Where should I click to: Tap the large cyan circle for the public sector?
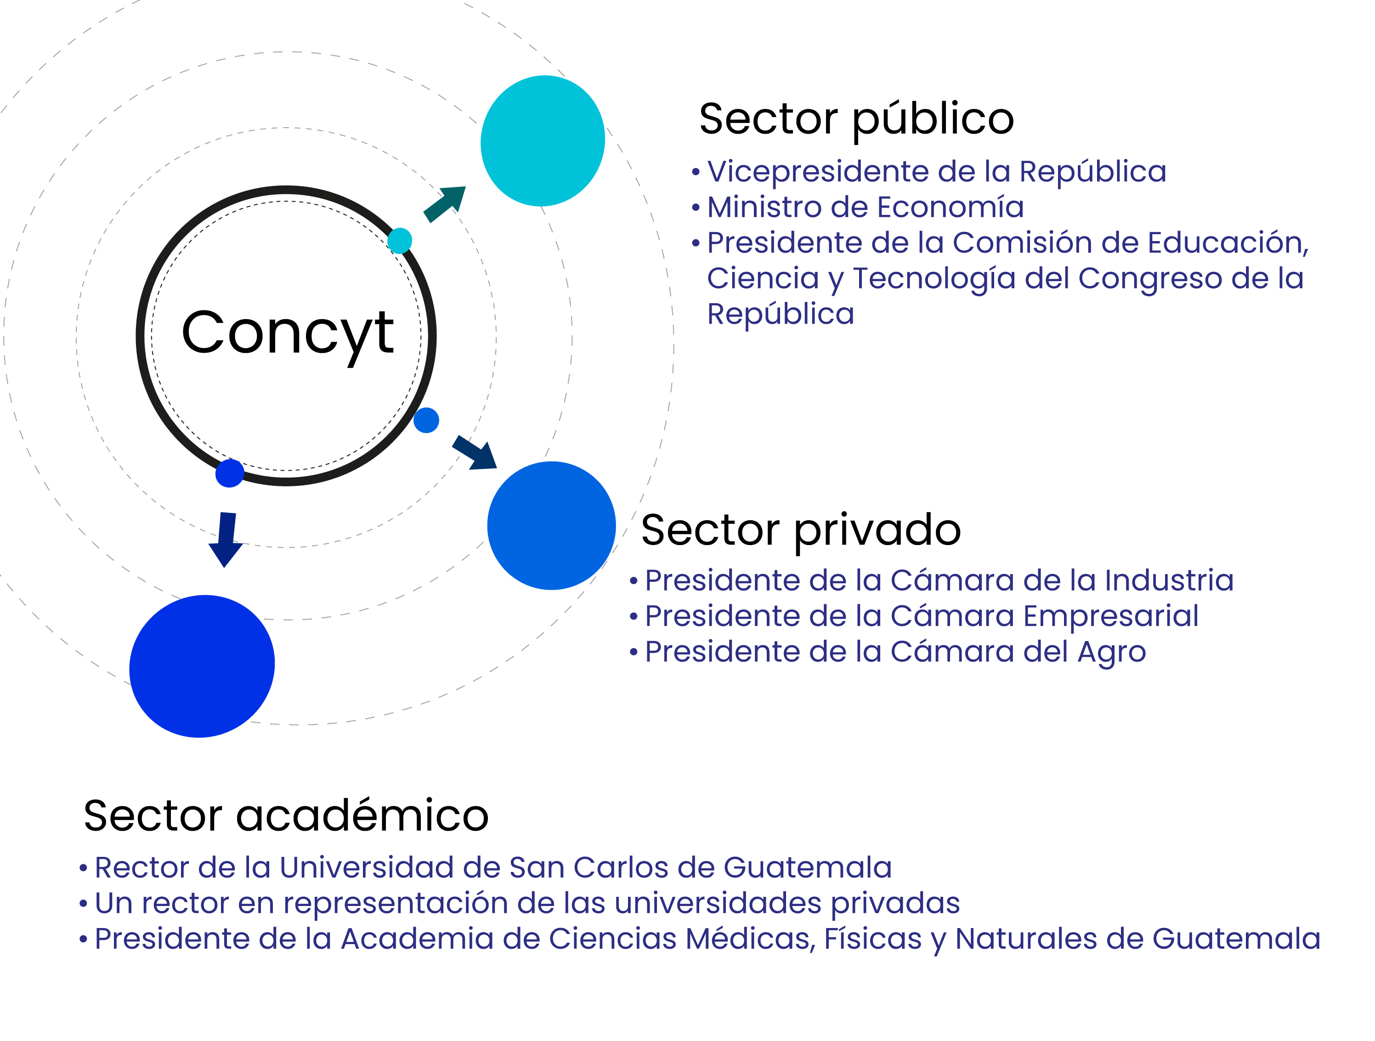[543, 141]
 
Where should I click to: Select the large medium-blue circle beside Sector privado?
[551, 526]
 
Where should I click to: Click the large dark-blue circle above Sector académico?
[202, 666]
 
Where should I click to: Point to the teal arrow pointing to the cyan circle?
[444, 204]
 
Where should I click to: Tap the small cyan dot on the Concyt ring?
[400, 241]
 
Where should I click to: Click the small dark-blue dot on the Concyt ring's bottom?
[229, 473]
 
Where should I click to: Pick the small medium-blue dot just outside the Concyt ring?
[426, 420]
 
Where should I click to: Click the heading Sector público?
[857, 120]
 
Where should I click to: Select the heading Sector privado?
[801, 531]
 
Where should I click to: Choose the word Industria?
[1169, 580]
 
